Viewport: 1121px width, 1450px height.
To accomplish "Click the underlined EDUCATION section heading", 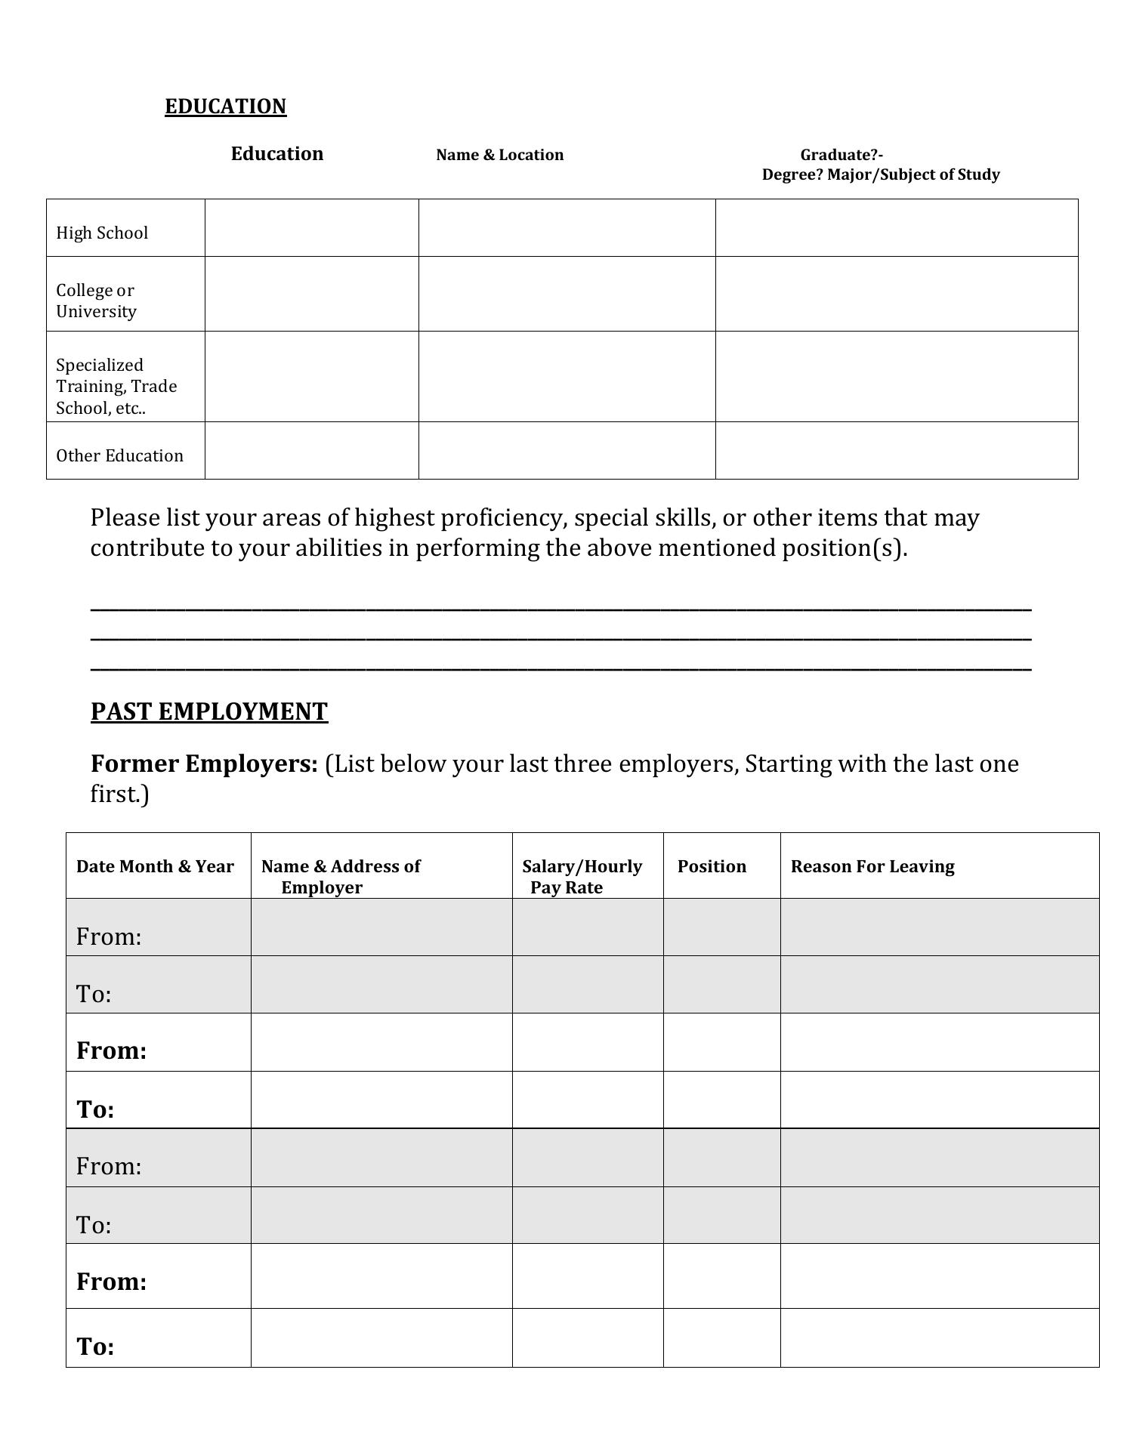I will pyautogui.click(x=225, y=106).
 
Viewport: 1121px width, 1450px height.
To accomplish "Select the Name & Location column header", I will pyautogui.click(x=499, y=155).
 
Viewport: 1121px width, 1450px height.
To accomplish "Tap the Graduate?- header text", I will pyautogui.click(x=842, y=155).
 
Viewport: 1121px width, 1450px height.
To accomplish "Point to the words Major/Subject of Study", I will pyautogui.click(x=913, y=174).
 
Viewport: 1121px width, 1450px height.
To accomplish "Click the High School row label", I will pyautogui.click(x=102, y=233).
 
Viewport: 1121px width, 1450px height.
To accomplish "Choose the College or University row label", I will pyautogui.click(x=96, y=301).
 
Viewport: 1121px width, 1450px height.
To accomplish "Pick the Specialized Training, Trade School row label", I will pyautogui.click(x=116, y=386).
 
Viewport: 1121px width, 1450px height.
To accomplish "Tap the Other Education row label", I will pyautogui.click(x=119, y=455).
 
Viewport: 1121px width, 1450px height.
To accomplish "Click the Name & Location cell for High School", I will pyautogui.click(x=567, y=228).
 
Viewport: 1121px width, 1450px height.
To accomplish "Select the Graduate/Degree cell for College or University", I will pyautogui.click(x=896, y=294).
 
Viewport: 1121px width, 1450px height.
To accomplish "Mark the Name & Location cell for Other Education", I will pyautogui.click(x=567, y=451).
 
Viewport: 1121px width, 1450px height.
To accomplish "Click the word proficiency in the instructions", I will pyautogui.click(x=502, y=518).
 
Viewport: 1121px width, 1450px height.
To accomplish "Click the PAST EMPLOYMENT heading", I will pyautogui.click(x=209, y=711).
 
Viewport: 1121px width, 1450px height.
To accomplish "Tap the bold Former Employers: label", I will pyautogui.click(x=204, y=764).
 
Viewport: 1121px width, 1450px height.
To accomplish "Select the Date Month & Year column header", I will pyautogui.click(x=155, y=866).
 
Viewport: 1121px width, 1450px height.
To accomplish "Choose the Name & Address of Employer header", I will pyautogui.click(x=341, y=876).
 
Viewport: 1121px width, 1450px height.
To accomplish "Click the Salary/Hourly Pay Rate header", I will pyautogui.click(x=582, y=876).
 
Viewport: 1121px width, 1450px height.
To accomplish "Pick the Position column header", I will pyautogui.click(x=712, y=866).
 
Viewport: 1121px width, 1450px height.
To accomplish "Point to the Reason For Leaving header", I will pyautogui.click(x=872, y=866).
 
